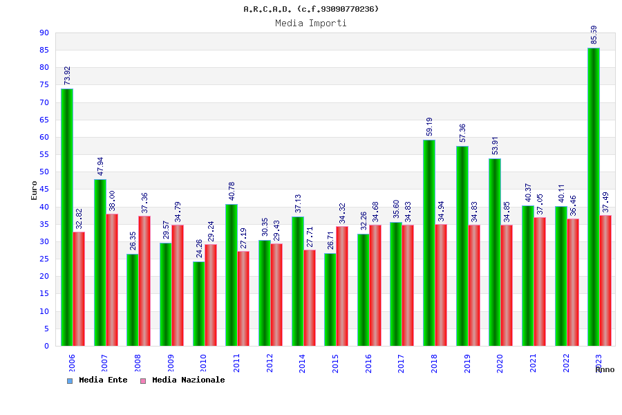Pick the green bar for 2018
[x=429, y=243]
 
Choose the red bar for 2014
[x=310, y=297]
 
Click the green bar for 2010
[x=199, y=304]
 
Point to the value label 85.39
[x=594, y=35]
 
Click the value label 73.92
[x=67, y=75]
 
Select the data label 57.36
[x=462, y=133]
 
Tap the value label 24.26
[x=199, y=248]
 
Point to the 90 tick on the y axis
[x=44, y=33]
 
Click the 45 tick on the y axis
[x=44, y=189]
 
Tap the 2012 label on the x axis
[x=270, y=363]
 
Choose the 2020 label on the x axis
[x=500, y=363]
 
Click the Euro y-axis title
[x=34, y=190]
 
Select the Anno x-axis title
[x=605, y=369]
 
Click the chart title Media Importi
[x=311, y=23]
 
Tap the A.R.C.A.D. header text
[x=311, y=9]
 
